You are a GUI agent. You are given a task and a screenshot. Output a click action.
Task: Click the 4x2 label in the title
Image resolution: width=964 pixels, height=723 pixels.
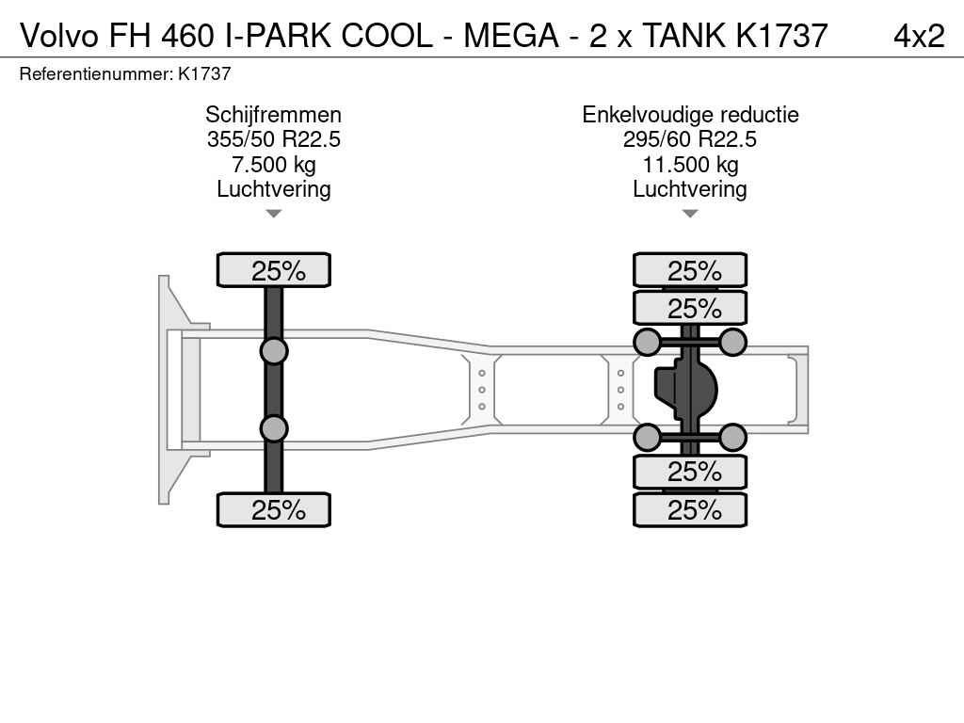[919, 36]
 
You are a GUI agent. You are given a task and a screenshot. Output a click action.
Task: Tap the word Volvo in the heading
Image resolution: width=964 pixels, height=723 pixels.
[59, 36]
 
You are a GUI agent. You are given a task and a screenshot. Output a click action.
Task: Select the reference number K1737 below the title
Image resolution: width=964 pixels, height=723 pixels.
[204, 73]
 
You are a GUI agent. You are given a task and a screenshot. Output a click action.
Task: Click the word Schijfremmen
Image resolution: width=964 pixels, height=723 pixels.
[274, 115]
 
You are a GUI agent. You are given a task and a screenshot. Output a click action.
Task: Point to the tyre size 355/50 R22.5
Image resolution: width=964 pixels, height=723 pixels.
[274, 139]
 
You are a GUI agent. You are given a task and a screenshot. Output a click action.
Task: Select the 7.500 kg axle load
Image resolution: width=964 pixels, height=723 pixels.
[274, 165]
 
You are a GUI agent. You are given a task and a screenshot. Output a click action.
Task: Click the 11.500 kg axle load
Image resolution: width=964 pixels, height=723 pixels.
[690, 165]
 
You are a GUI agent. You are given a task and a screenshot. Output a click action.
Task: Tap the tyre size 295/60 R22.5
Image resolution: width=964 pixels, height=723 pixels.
[690, 139]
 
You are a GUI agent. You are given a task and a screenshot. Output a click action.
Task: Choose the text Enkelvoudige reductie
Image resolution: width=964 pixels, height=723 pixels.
[690, 115]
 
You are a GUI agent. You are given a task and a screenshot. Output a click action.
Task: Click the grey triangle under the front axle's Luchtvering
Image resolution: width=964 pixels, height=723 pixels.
[274, 214]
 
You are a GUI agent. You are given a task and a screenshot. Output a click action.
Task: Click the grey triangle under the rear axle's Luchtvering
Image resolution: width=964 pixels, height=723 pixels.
[690, 214]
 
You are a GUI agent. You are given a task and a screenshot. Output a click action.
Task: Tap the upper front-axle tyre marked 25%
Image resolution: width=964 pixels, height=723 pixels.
[274, 270]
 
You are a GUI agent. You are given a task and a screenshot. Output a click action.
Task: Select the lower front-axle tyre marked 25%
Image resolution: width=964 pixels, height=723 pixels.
[274, 509]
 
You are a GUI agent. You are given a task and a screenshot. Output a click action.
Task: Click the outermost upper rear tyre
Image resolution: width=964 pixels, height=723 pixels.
[690, 270]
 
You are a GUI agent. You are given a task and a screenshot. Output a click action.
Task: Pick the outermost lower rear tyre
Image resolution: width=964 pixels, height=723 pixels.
[690, 509]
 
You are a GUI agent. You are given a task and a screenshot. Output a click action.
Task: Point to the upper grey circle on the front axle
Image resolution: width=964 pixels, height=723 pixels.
[274, 352]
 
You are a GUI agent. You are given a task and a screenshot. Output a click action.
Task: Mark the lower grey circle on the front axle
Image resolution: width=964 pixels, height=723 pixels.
[274, 428]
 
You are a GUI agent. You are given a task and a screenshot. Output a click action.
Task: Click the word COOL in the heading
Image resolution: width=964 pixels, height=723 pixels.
[387, 36]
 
